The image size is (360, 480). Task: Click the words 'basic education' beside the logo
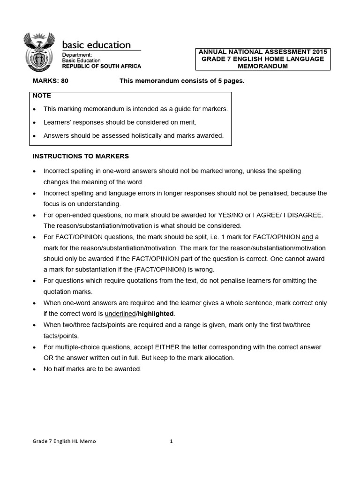[x=97, y=45]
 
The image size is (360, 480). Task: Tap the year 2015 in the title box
[x=319, y=52]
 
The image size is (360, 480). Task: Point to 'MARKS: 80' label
[x=50, y=81]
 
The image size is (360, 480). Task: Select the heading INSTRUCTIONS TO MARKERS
[x=80, y=156]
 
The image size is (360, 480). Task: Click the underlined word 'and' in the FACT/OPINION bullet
[x=307, y=237]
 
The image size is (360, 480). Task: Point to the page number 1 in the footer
[x=172, y=441]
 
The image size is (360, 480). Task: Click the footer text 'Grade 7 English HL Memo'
[x=64, y=441]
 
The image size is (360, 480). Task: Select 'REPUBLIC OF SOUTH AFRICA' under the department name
[x=101, y=66]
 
